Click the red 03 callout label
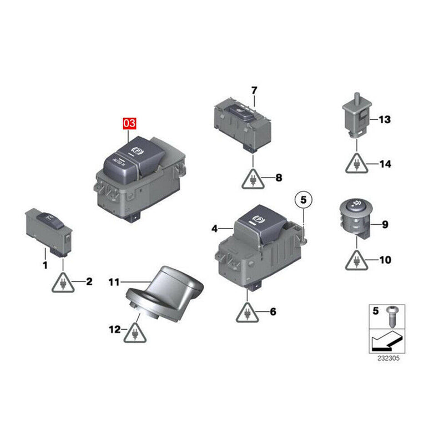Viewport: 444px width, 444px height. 129,123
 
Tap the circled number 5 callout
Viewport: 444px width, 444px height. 303,200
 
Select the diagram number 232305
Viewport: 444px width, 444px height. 388,358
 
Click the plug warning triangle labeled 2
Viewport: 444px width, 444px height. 63,283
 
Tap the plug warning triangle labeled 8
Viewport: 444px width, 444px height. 253,179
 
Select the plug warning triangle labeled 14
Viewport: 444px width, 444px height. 356,164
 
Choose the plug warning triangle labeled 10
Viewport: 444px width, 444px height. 356,260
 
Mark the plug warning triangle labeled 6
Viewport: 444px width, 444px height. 247,312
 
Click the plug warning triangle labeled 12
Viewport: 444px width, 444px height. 135,333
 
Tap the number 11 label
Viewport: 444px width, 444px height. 114,282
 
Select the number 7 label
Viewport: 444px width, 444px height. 254,90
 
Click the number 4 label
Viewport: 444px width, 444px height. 215,229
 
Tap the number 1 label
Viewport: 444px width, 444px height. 45,265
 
